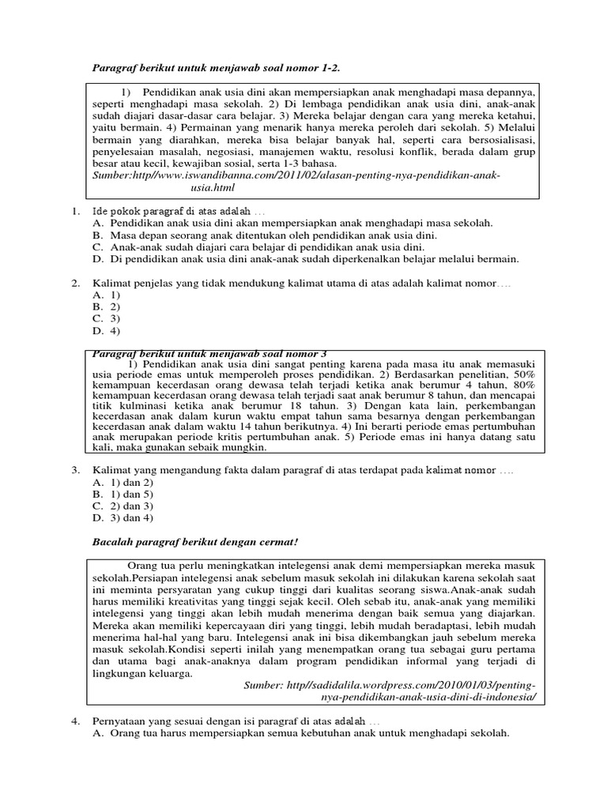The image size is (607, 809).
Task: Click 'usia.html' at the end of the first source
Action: [x=213, y=188]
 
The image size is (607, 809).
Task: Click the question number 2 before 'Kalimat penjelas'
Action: [x=75, y=282]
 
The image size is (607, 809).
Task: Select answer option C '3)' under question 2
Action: [x=107, y=318]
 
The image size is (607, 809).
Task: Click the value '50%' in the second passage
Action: [x=523, y=373]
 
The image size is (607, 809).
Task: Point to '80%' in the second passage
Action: [x=523, y=385]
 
